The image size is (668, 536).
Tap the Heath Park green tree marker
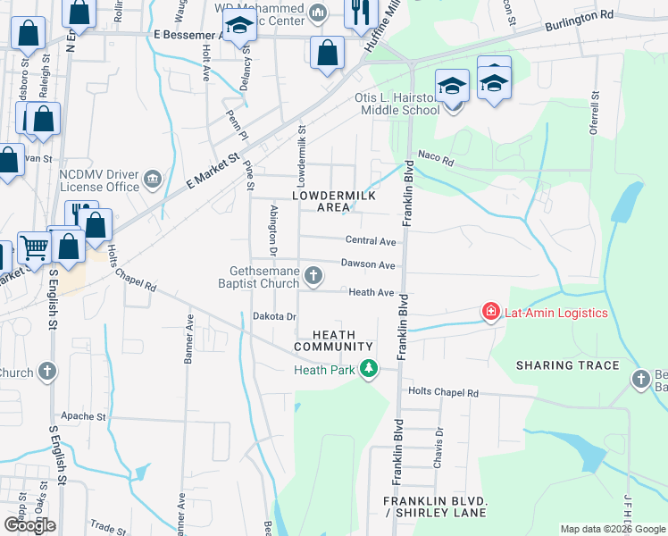click(368, 369)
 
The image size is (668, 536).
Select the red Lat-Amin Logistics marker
click(490, 313)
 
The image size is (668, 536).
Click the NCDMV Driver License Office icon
click(154, 180)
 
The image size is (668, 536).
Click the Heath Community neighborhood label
click(332, 339)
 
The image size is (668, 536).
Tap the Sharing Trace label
click(567, 365)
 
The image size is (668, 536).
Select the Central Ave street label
click(371, 241)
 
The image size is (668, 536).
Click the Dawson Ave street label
click(368, 265)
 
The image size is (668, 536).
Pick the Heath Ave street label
click(372, 292)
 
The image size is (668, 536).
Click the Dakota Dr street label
click(273, 316)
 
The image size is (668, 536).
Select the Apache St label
click(83, 416)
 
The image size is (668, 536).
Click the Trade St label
click(108, 527)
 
